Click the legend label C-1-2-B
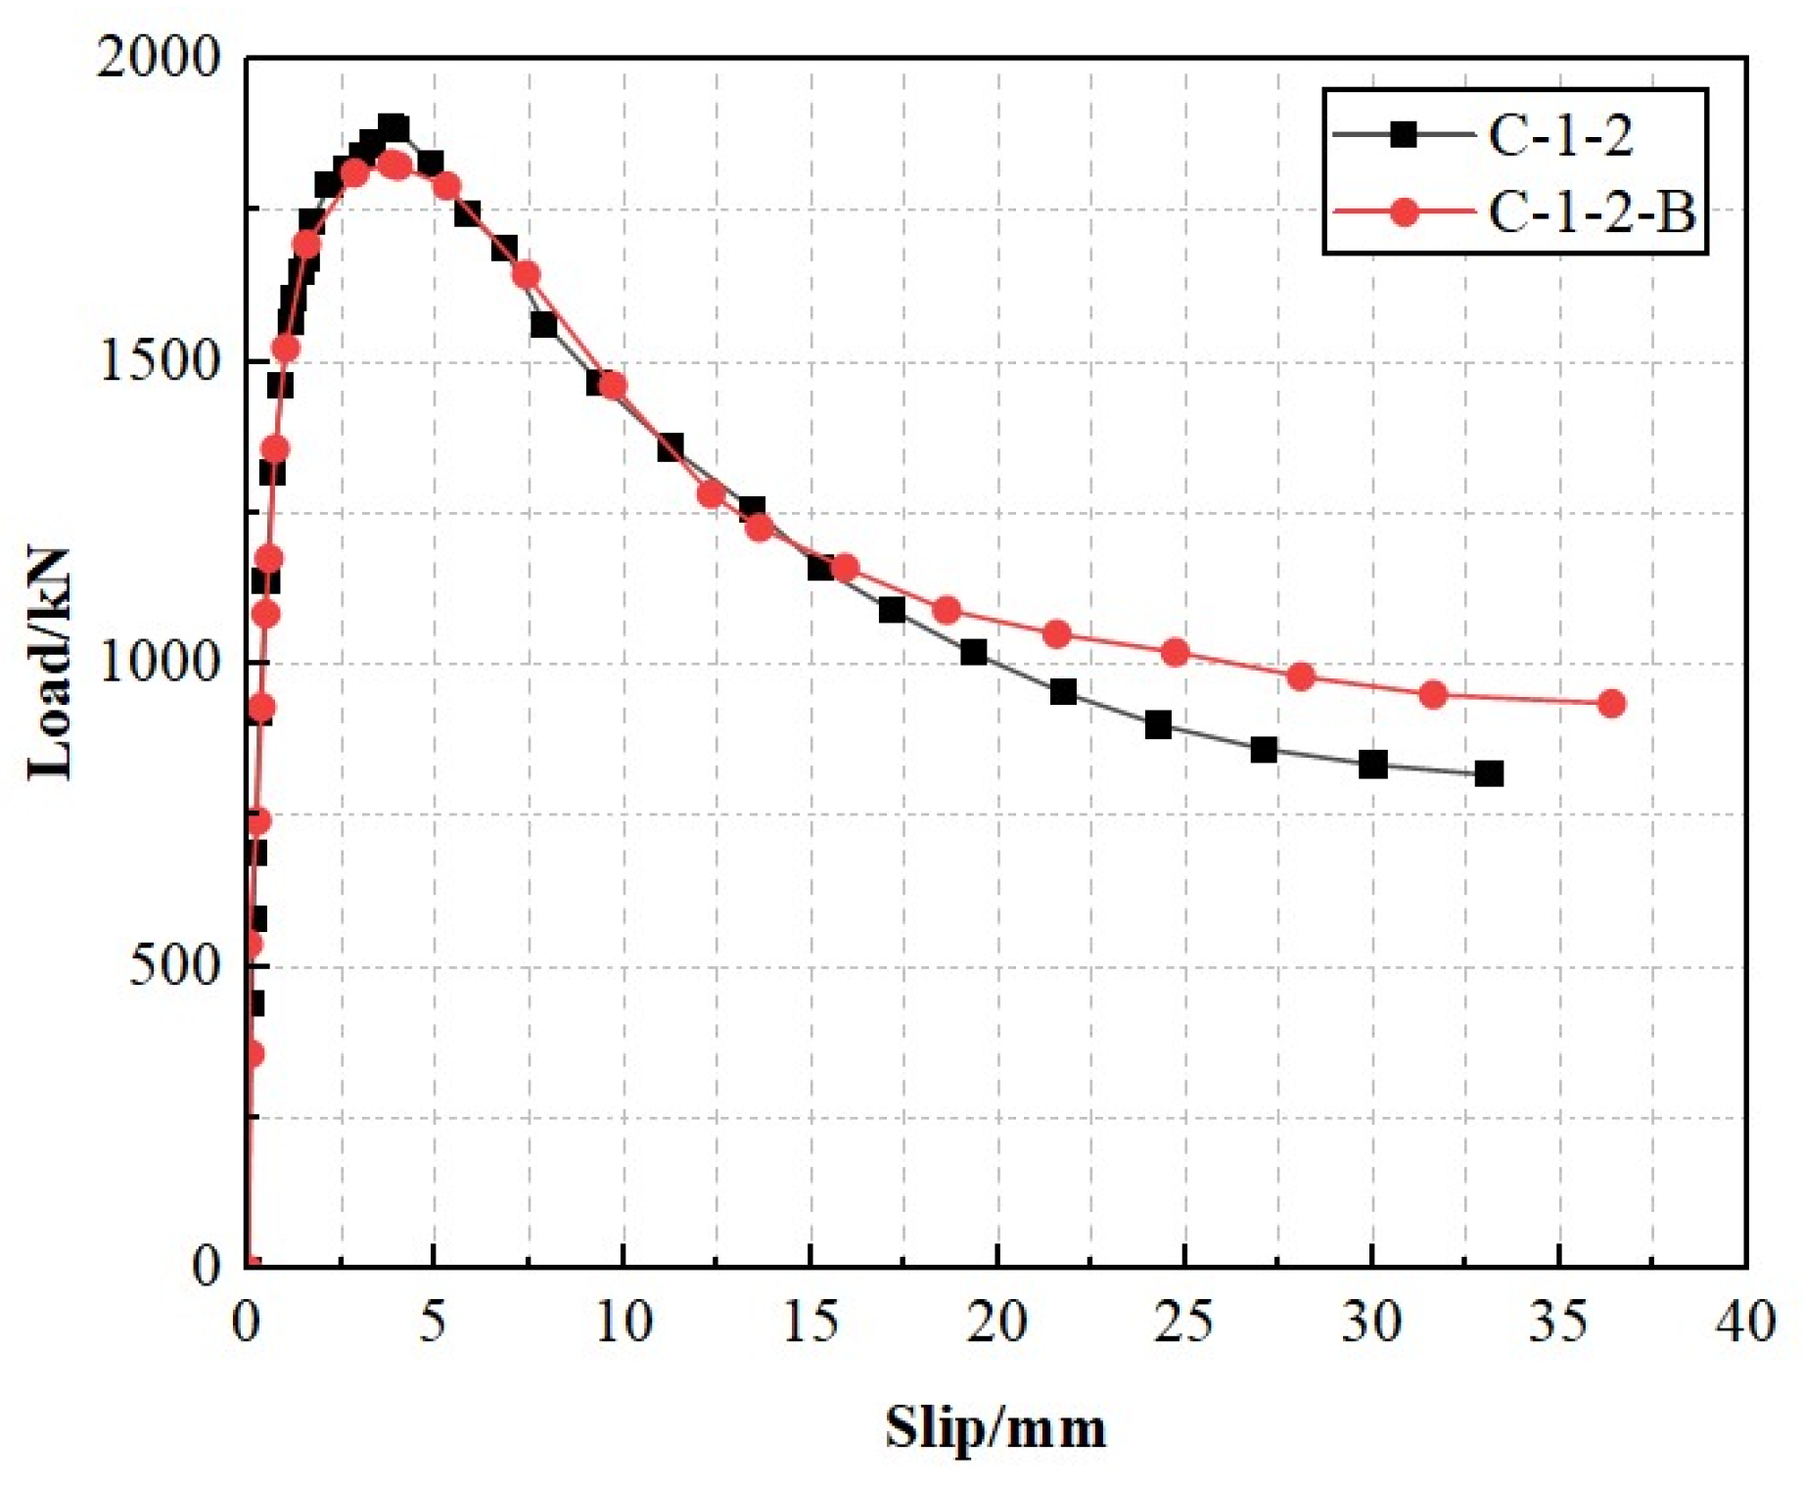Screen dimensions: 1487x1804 pos(1590,211)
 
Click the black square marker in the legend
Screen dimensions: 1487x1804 pos(1404,134)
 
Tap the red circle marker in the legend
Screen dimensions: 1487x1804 pos(1404,211)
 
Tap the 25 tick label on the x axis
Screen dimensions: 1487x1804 pos(1183,1322)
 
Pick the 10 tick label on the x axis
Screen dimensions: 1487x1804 pos(623,1322)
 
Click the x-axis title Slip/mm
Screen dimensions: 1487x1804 pos(995,1427)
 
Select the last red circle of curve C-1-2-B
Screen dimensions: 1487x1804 pos(1611,703)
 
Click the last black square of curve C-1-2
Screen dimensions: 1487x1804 pos(1489,773)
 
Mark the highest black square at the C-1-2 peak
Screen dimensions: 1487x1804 pos(393,127)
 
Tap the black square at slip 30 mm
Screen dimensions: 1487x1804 pos(1372,765)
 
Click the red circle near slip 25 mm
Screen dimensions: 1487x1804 pos(1175,653)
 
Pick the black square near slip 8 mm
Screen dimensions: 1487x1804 pos(543,324)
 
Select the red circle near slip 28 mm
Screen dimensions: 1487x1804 pos(1300,675)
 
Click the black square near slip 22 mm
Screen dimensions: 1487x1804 pos(1062,692)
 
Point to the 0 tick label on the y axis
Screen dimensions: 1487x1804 pos(207,1267)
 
